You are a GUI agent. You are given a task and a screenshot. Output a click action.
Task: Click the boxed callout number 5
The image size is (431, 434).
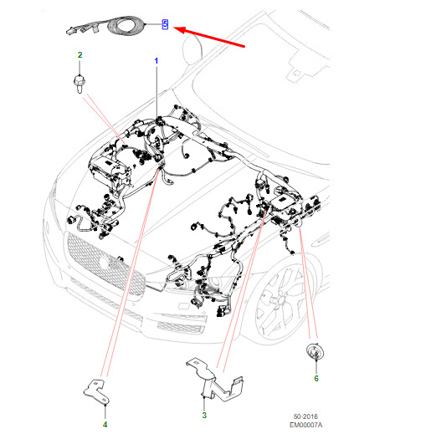pos(165,24)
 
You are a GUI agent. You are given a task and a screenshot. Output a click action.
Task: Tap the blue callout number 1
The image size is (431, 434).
pos(156,61)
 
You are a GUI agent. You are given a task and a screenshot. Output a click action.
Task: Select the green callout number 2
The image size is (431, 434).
pos(80,55)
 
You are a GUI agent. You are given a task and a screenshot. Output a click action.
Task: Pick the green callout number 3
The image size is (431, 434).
pos(204,415)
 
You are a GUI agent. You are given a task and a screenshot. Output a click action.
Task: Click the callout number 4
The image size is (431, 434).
pos(105,425)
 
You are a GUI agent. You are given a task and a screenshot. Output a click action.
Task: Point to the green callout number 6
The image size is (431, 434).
pos(316,378)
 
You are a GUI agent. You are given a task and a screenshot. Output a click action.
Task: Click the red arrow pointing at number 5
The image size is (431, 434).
pos(209,37)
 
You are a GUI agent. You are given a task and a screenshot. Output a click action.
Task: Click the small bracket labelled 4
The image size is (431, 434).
pos(98,391)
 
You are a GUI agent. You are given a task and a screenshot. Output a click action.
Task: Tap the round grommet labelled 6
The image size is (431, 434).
pos(315,352)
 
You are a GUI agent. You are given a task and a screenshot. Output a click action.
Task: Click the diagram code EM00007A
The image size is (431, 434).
pos(305,425)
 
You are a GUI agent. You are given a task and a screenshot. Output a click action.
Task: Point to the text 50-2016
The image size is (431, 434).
pos(305,416)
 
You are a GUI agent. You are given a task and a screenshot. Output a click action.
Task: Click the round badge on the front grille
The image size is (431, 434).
pos(104,263)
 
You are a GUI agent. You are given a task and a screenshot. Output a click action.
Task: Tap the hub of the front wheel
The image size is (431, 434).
pos(277,300)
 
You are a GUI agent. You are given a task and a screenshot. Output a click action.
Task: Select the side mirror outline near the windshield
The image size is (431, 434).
pos(192,49)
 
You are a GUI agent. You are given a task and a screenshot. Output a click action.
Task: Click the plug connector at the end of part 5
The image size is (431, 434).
pos(71,31)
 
